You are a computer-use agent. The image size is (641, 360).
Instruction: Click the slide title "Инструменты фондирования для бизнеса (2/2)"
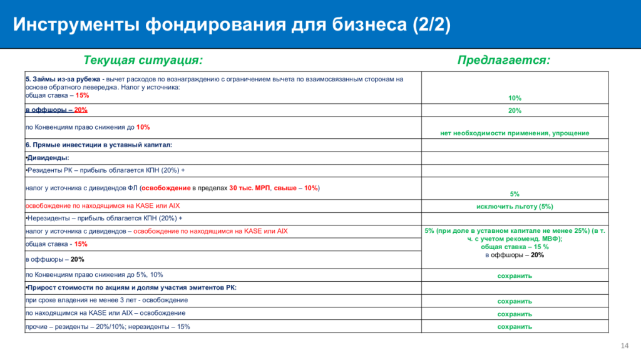232,25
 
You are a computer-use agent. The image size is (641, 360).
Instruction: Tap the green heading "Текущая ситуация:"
143,60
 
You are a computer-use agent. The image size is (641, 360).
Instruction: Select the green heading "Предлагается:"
504,60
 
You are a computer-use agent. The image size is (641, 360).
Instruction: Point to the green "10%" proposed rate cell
515,98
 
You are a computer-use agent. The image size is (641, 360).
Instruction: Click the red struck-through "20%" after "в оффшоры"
81,110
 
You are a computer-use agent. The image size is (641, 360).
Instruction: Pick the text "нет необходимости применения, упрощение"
515,133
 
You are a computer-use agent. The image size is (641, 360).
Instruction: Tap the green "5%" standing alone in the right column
515,194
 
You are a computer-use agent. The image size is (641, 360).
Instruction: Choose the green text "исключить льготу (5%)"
515,206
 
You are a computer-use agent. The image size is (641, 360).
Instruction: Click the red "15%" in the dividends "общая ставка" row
81,244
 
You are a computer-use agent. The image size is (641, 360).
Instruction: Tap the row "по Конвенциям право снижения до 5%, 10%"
94,275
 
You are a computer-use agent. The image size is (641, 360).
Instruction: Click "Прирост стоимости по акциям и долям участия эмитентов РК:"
131,287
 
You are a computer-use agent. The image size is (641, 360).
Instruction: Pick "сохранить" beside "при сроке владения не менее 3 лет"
515,301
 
